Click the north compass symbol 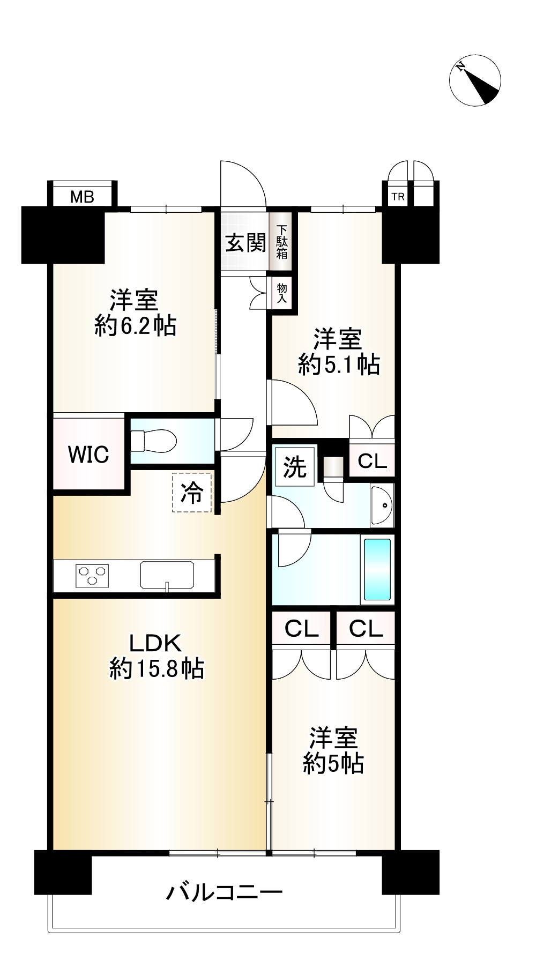tap(475, 80)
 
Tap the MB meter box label tap(82, 197)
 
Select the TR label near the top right tap(398, 197)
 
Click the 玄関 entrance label tap(245, 243)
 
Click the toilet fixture tap(154, 441)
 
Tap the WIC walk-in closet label tap(88, 455)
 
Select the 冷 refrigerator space tap(191, 493)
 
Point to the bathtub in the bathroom tap(377, 569)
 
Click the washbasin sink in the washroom tap(382, 505)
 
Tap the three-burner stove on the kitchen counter tap(93, 575)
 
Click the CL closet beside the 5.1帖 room tap(373, 461)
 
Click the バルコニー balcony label tap(224, 892)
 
